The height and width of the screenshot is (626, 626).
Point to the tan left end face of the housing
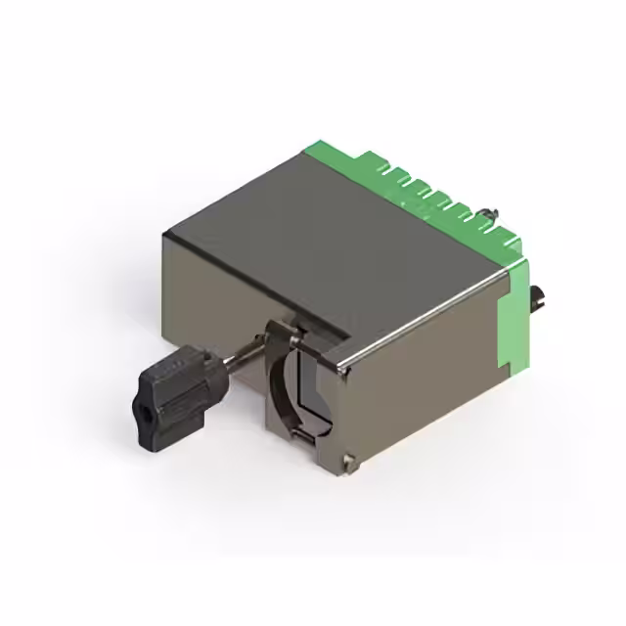[210, 293]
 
